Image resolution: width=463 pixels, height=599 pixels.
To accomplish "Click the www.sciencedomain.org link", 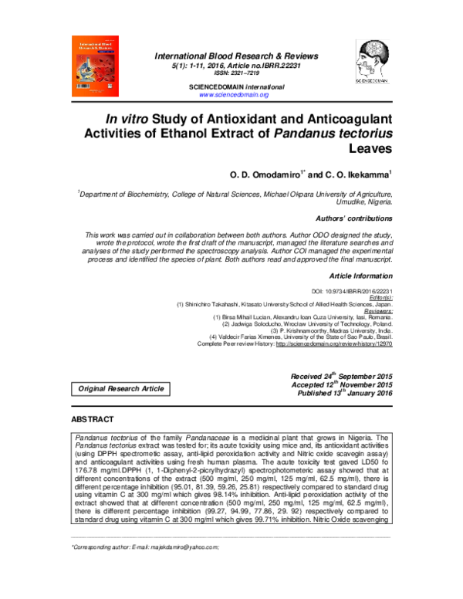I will pos(233,94).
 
